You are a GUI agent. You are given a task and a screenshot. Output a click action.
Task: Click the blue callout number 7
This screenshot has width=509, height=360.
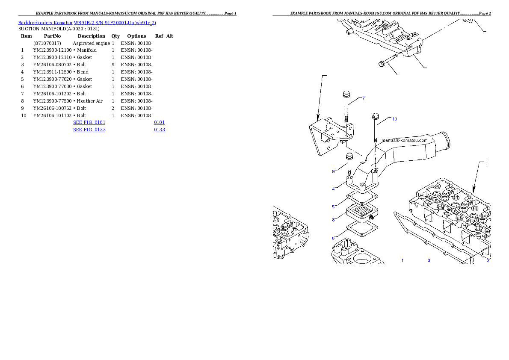[x=363, y=98]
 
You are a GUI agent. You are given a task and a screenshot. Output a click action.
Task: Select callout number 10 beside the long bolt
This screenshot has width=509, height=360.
[x=394, y=119]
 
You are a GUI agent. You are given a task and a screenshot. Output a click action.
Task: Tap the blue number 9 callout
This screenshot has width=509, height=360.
[x=333, y=171]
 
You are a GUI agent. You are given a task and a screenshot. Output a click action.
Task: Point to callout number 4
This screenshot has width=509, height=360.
[x=333, y=189]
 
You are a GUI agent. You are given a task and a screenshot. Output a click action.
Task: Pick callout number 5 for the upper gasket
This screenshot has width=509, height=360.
[x=333, y=207]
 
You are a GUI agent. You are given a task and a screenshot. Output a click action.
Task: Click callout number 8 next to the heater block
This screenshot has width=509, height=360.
[x=333, y=220]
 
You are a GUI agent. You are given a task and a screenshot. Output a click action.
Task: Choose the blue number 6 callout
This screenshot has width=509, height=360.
[x=333, y=238]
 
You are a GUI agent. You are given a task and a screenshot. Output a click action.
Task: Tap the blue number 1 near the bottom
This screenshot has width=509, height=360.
[x=402, y=260]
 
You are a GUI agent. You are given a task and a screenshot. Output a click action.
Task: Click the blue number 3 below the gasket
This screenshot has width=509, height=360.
[x=429, y=260]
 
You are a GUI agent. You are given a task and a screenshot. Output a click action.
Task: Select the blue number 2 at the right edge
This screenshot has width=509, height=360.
[x=488, y=260]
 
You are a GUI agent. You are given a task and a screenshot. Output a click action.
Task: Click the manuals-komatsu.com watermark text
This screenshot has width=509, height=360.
[x=404, y=140]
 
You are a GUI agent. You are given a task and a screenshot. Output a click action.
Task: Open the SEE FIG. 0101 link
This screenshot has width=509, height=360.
[x=89, y=122]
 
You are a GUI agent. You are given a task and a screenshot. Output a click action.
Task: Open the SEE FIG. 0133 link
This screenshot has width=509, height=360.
[x=89, y=129]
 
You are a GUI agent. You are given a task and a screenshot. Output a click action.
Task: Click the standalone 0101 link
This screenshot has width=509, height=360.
[x=159, y=122]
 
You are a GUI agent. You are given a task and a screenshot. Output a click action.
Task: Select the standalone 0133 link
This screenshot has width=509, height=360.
[x=159, y=129]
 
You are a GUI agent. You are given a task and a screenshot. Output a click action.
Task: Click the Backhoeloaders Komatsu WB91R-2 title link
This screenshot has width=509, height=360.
[x=87, y=22]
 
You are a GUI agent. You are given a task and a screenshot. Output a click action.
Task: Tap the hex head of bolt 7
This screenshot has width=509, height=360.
[x=346, y=94]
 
